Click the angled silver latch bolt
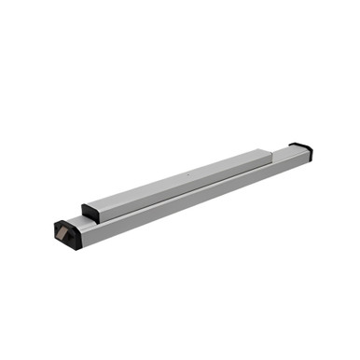(67, 234)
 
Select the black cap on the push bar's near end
(91, 212)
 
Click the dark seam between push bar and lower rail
(187, 198)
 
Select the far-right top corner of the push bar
(271, 149)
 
